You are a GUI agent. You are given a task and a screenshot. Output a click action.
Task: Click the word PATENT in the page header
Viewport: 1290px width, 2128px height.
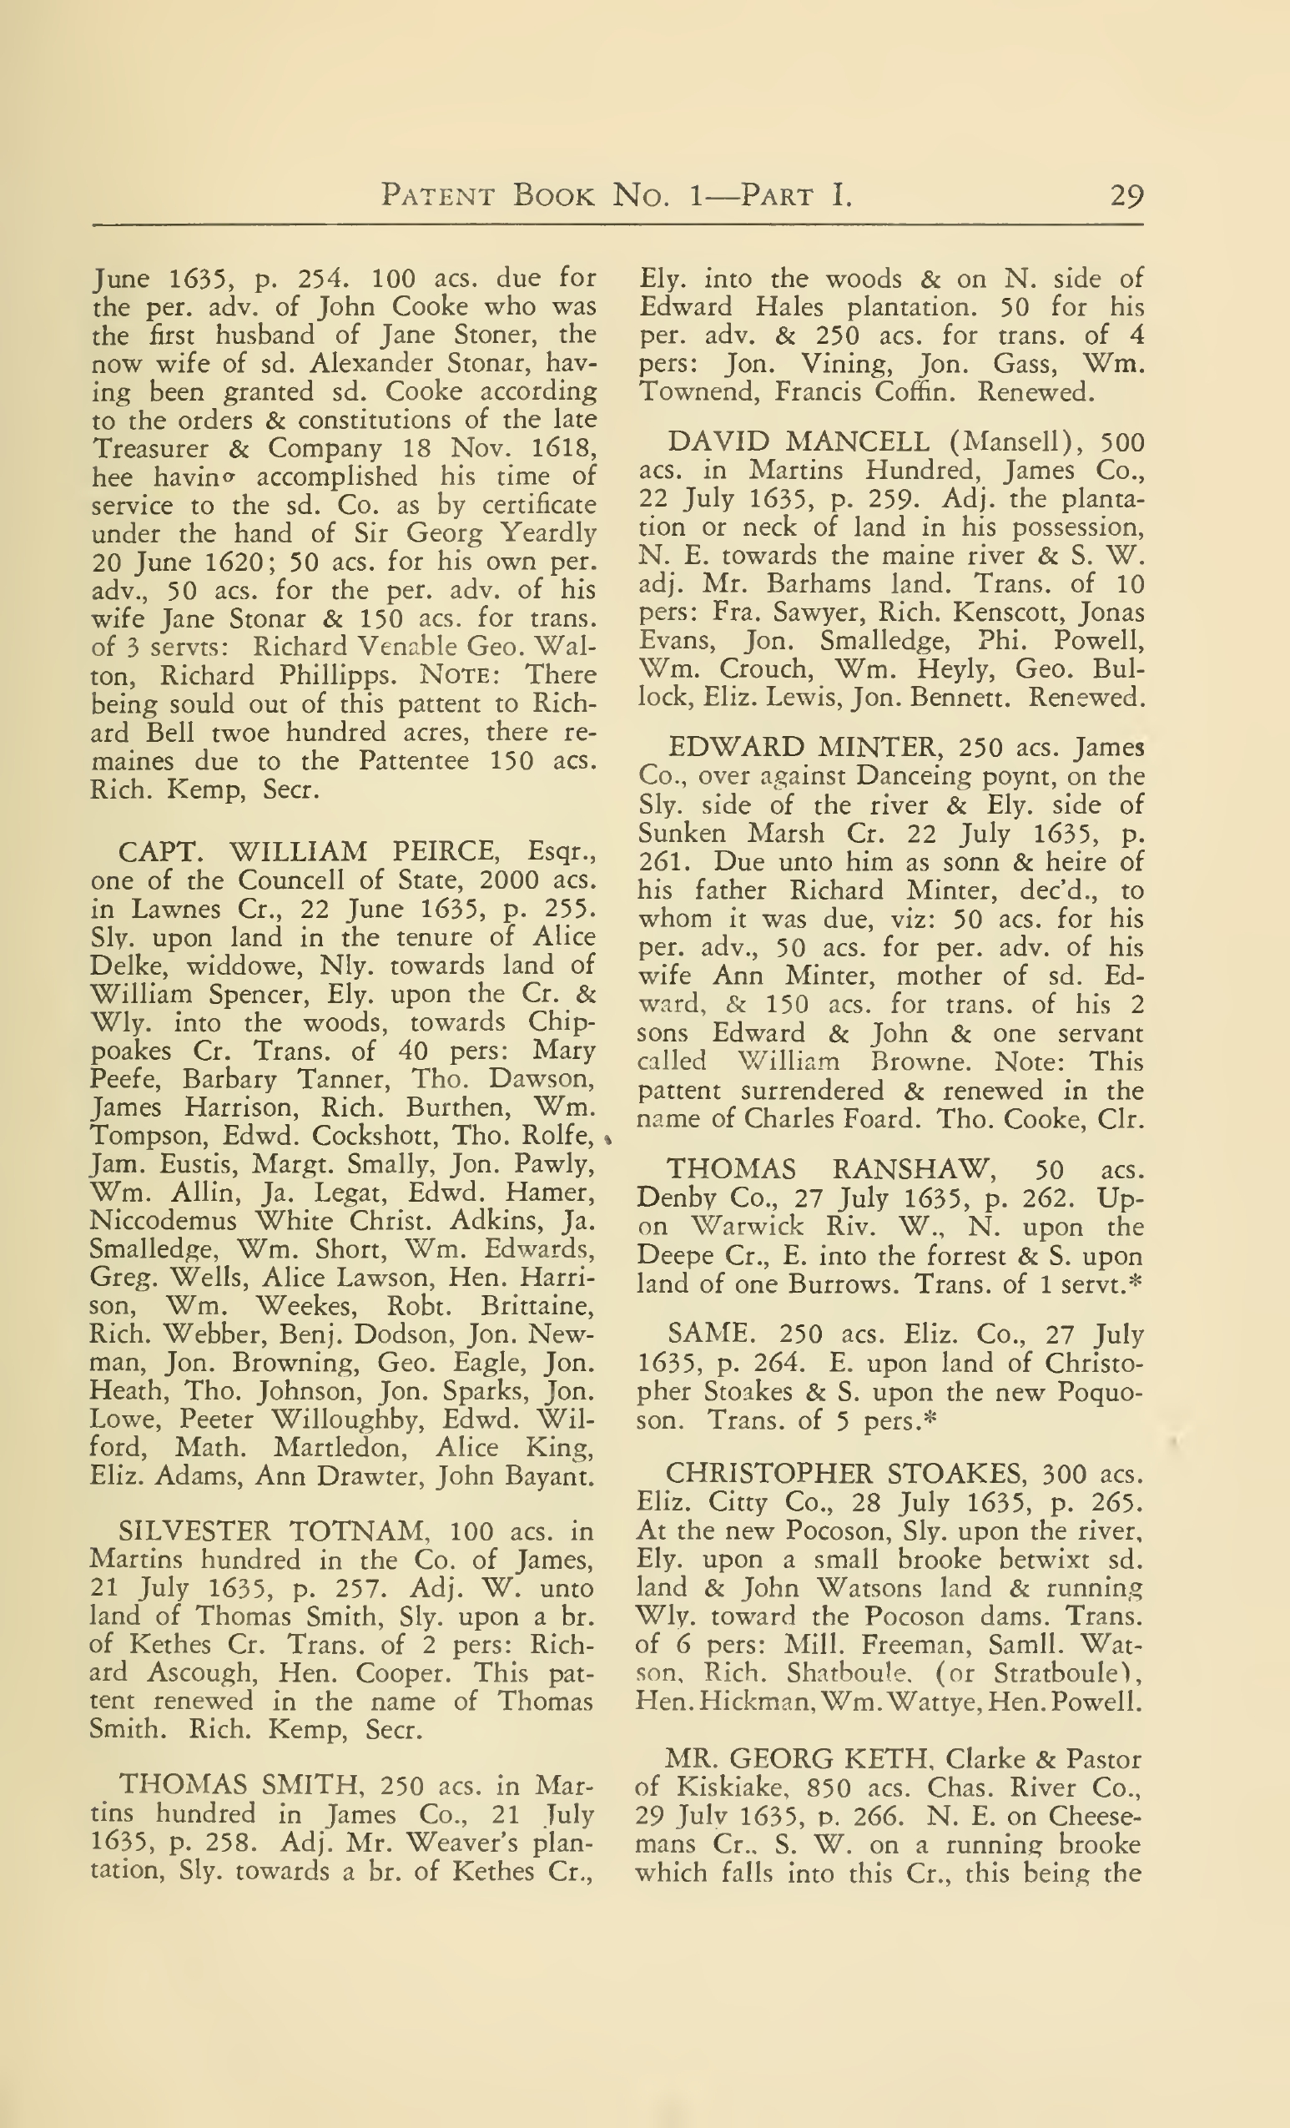click(438, 196)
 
